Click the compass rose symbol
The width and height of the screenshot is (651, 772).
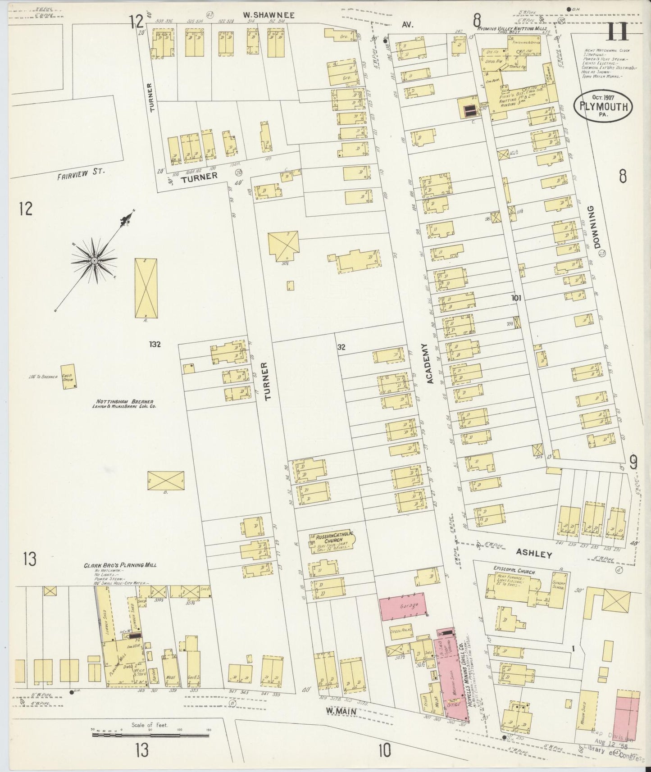[x=95, y=260]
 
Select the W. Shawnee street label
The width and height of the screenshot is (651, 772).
[x=269, y=15]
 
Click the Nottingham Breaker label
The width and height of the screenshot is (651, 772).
[x=125, y=402]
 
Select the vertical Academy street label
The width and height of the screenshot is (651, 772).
[x=428, y=363]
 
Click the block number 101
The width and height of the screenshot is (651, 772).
[x=516, y=298]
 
